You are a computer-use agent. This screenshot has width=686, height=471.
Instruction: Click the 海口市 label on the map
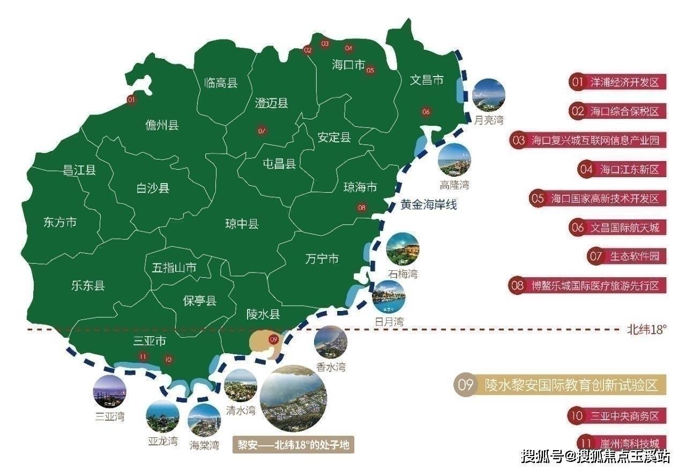[x=348, y=65]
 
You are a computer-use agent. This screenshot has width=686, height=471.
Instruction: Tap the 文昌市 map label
[x=427, y=80]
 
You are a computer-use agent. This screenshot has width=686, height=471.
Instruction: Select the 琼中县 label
[x=242, y=224]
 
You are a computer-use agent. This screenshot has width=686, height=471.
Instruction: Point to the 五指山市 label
[x=174, y=268]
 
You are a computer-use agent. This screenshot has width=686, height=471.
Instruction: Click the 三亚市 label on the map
[x=150, y=341]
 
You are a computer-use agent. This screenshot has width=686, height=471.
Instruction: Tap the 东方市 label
[x=60, y=222]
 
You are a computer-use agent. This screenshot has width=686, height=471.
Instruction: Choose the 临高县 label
[x=221, y=83]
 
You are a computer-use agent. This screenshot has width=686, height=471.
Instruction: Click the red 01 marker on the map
[x=131, y=100]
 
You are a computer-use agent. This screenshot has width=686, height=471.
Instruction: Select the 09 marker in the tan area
[x=273, y=339]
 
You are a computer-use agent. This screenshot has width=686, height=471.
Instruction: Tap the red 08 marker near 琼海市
[x=362, y=208]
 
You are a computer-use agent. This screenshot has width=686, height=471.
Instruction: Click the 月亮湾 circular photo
[x=489, y=95]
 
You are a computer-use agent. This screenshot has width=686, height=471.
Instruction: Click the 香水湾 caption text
[x=331, y=368]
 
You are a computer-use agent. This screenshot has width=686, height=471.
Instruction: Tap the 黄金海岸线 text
[x=429, y=204]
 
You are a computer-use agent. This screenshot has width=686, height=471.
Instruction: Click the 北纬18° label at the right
[x=646, y=330]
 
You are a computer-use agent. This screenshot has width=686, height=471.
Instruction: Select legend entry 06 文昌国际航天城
[x=616, y=227]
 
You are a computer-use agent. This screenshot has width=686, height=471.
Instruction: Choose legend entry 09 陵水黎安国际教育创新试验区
[x=561, y=384]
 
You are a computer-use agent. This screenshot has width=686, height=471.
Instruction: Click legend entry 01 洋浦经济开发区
[x=616, y=82]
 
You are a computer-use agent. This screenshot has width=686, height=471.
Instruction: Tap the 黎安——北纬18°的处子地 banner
[x=294, y=445]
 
